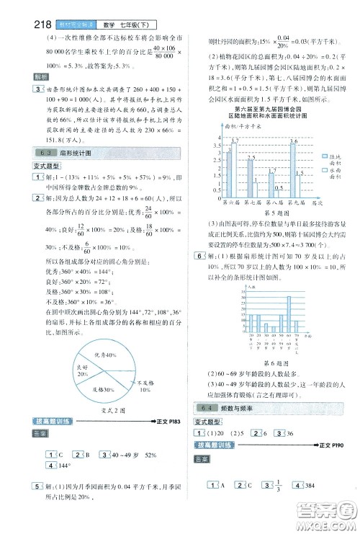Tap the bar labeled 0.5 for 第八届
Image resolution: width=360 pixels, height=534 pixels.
pos(277,197)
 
